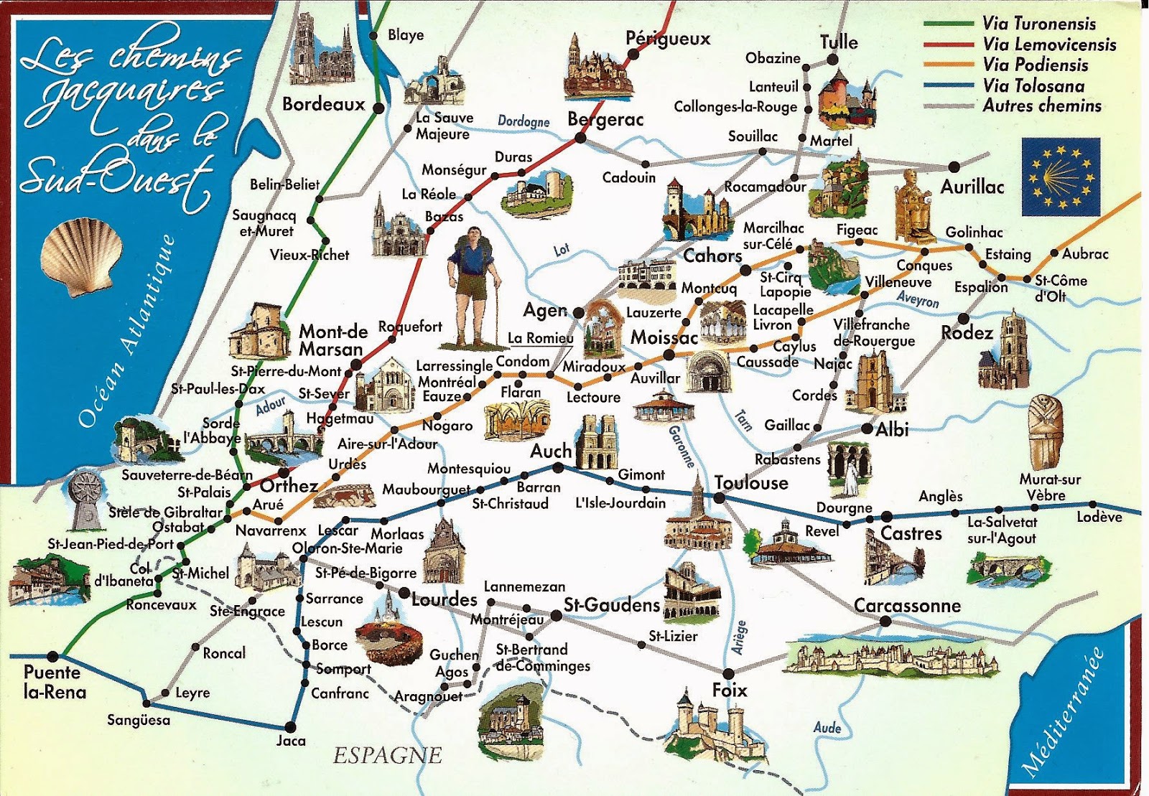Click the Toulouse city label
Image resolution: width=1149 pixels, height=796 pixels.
click(751, 483)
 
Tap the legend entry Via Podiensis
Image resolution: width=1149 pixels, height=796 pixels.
click(1035, 65)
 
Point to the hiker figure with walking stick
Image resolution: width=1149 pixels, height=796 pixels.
click(471, 287)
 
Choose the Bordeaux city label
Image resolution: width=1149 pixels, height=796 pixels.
click(323, 105)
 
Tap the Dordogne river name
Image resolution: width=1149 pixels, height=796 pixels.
click(524, 121)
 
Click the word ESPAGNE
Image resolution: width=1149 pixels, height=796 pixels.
click(387, 755)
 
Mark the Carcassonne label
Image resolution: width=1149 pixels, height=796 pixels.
click(907, 605)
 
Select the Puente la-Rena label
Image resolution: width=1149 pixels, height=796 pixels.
click(54, 683)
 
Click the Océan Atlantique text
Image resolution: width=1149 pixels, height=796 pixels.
click(126, 334)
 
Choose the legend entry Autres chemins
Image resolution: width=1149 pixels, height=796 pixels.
click(1041, 106)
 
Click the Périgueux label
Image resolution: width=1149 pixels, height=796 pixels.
click(668, 39)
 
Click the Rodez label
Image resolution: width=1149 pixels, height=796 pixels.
click(967, 333)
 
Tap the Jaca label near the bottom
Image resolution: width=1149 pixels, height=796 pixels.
click(291, 741)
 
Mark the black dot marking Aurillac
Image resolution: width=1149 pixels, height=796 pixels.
click(954, 167)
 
